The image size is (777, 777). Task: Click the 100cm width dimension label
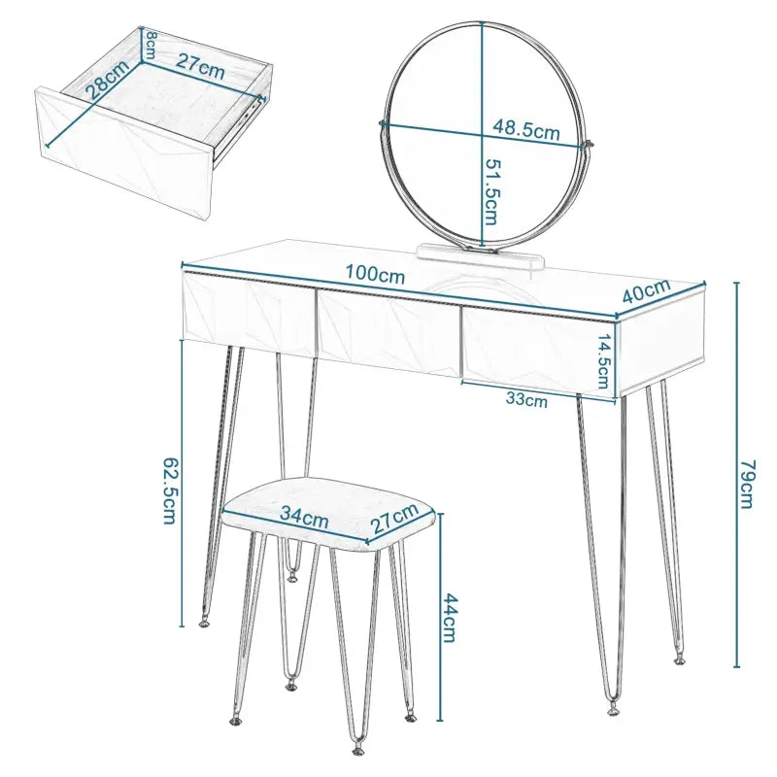(x=378, y=276)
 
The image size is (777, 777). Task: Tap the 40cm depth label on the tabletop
(x=646, y=291)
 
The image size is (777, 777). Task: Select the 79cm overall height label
(x=746, y=477)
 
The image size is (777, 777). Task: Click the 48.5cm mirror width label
(x=526, y=128)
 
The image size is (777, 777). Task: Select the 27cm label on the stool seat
(x=393, y=521)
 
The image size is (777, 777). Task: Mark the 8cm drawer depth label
(x=152, y=44)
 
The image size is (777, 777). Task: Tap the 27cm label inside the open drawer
(x=200, y=69)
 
